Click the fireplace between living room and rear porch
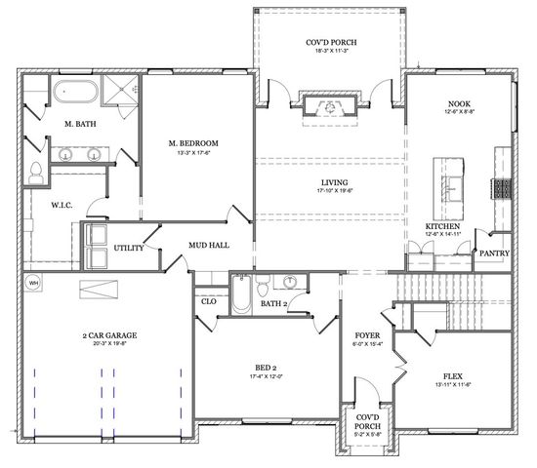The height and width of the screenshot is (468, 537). [331, 107]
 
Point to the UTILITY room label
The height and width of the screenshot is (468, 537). [129, 249]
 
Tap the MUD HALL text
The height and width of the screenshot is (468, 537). [210, 245]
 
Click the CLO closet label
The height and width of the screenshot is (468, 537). [208, 301]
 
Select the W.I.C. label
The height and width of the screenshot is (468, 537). [50, 206]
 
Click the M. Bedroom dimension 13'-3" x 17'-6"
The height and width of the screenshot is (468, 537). [193, 154]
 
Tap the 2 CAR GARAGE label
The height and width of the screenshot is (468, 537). [109, 334]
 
